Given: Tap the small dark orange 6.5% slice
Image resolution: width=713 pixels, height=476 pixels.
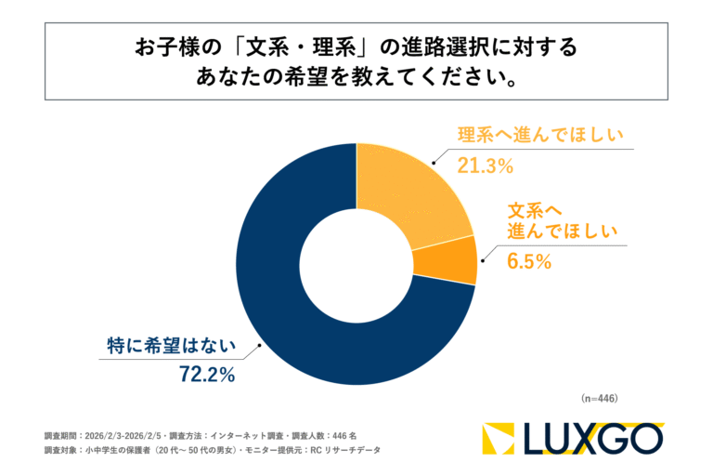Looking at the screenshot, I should pyautogui.click(x=455, y=259).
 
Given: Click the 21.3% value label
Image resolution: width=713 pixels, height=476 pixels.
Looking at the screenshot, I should pyautogui.click(x=486, y=166).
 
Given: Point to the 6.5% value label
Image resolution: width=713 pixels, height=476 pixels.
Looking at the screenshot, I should pyautogui.click(x=529, y=262).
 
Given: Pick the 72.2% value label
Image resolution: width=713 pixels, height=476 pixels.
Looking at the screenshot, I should pyautogui.click(x=206, y=376).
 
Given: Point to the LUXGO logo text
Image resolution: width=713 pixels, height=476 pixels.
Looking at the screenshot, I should pyautogui.click(x=594, y=438).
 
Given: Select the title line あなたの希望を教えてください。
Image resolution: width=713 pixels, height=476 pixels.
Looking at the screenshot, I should pyautogui.click(x=356, y=77).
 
